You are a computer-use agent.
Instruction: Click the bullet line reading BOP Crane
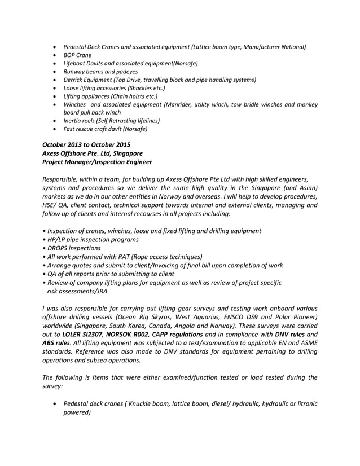coord(77,55)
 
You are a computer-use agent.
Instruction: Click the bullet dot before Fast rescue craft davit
coord(54,129)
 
